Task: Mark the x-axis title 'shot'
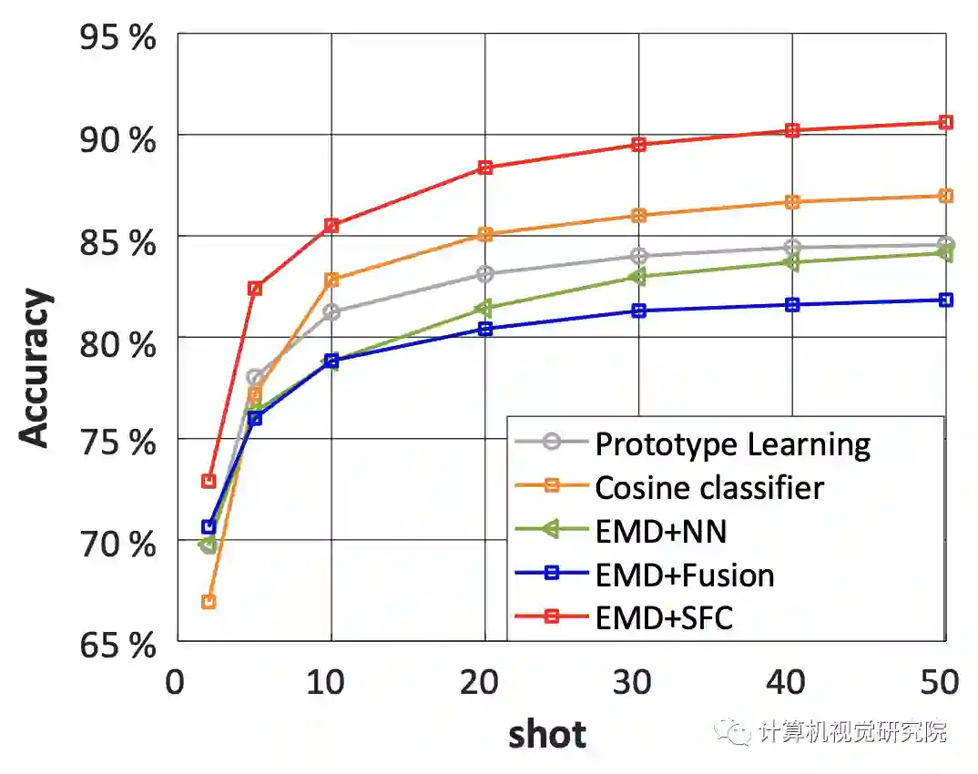(x=546, y=732)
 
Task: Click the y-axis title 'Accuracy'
(x=36, y=369)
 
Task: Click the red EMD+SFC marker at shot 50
(x=946, y=122)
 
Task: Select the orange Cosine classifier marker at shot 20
(x=485, y=234)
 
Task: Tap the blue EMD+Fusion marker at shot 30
(x=639, y=311)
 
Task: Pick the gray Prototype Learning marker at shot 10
(x=331, y=311)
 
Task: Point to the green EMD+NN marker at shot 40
(x=792, y=262)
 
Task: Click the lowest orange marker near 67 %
(x=209, y=601)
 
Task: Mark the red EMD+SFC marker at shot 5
(x=255, y=288)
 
